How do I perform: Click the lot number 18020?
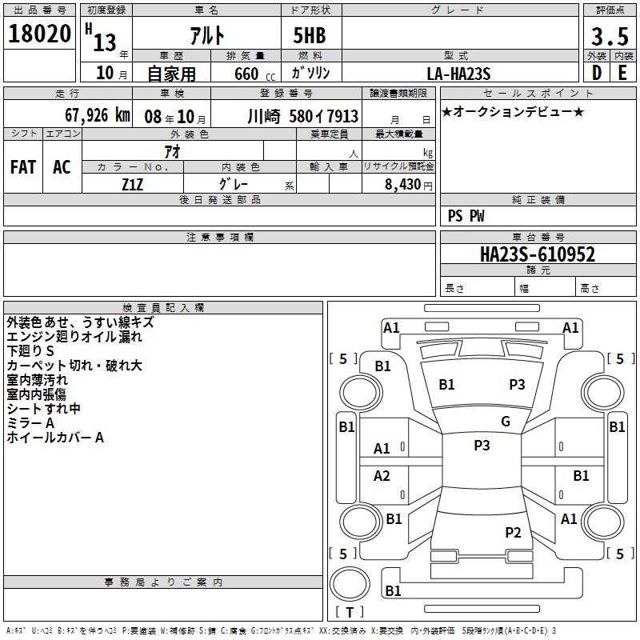[x=39, y=35]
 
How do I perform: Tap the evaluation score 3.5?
[x=608, y=37]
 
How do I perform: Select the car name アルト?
[x=206, y=37]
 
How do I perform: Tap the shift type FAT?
[x=23, y=167]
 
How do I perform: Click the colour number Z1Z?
[x=132, y=183]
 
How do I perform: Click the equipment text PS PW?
[x=466, y=215]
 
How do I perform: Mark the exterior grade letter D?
[x=597, y=73]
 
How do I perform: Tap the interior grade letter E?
[x=622, y=73]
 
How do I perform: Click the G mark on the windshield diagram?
[x=506, y=422]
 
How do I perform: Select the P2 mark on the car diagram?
[x=513, y=533]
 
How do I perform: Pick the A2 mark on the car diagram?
[x=382, y=476]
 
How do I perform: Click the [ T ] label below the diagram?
[x=350, y=612]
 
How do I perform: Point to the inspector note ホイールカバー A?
[x=55, y=438]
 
